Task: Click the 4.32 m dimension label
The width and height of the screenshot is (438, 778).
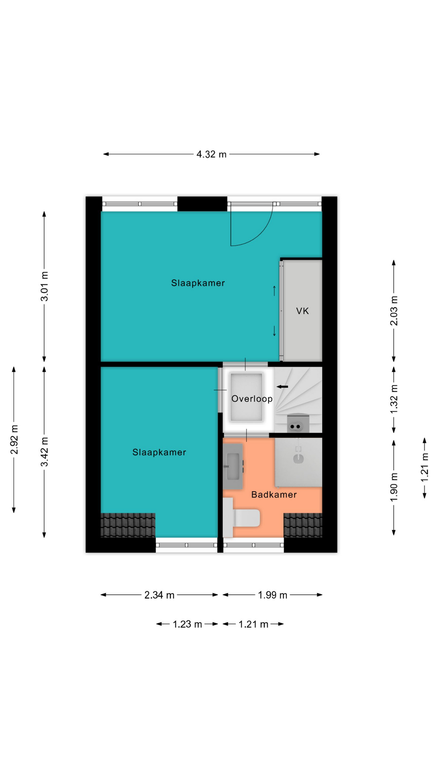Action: (211, 154)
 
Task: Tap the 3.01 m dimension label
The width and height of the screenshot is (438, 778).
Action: (44, 286)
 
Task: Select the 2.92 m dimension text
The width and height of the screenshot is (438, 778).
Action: (14, 440)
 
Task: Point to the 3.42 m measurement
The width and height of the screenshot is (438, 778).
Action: (44, 452)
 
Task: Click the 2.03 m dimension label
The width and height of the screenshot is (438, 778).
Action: (394, 311)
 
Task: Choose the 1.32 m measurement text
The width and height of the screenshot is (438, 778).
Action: (394, 399)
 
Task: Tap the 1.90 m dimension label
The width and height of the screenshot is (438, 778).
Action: (394, 487)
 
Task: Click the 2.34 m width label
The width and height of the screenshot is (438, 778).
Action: (159, 595)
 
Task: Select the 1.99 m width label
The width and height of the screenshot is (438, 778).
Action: (273, 595)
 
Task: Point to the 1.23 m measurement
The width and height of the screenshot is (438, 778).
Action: (187, 624)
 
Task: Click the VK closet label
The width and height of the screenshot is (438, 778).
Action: (303, 311)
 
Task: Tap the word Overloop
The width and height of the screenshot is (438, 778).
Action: (252, 399)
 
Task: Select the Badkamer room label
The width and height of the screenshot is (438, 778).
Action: (274, 494)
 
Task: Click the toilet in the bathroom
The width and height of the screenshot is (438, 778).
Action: (241, 517)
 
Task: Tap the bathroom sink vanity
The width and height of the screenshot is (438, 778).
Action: (233, 466)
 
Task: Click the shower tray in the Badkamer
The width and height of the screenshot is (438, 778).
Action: (298, 462)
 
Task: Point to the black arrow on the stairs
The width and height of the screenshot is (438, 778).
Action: (282, 387)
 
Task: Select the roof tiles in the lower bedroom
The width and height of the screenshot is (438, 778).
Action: (128, 525)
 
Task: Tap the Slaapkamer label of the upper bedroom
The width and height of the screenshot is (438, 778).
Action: (198, 283)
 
